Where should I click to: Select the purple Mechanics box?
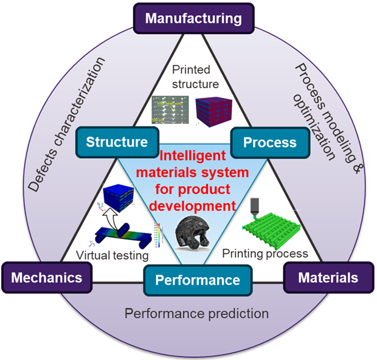point(47,278)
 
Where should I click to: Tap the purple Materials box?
point(328,278)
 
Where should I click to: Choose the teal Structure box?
point(117,142)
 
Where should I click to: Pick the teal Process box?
point(269,142)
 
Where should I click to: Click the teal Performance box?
point(188,280)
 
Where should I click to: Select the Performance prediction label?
point(196,314)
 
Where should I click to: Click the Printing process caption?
point(265,252)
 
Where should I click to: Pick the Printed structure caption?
point(190,76)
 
